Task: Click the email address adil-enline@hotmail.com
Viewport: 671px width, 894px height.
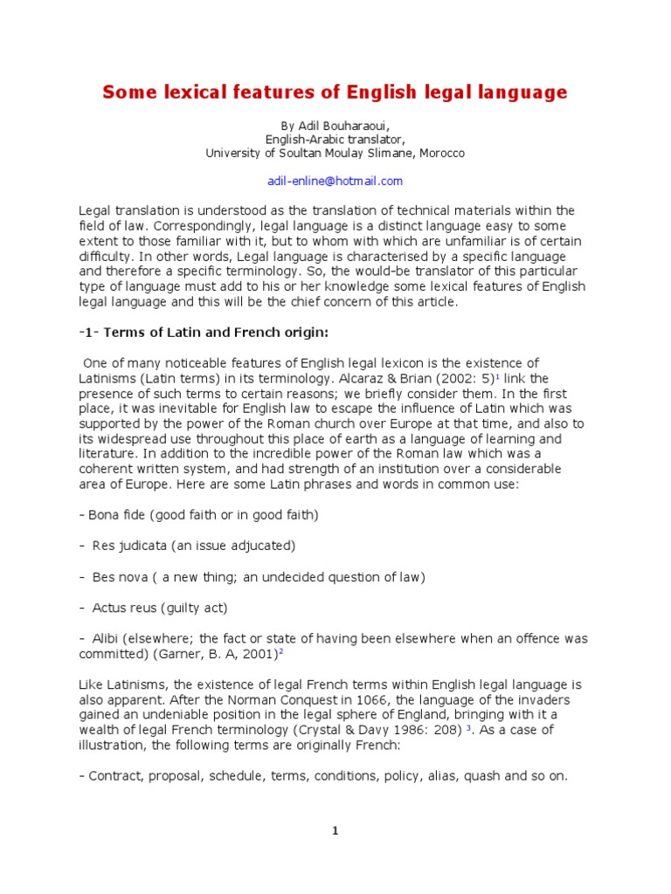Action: (x=335, y=181)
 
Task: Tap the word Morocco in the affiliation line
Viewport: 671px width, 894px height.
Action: (x=441, y=153)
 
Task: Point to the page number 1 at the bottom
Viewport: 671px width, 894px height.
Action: (x=335, y=831)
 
